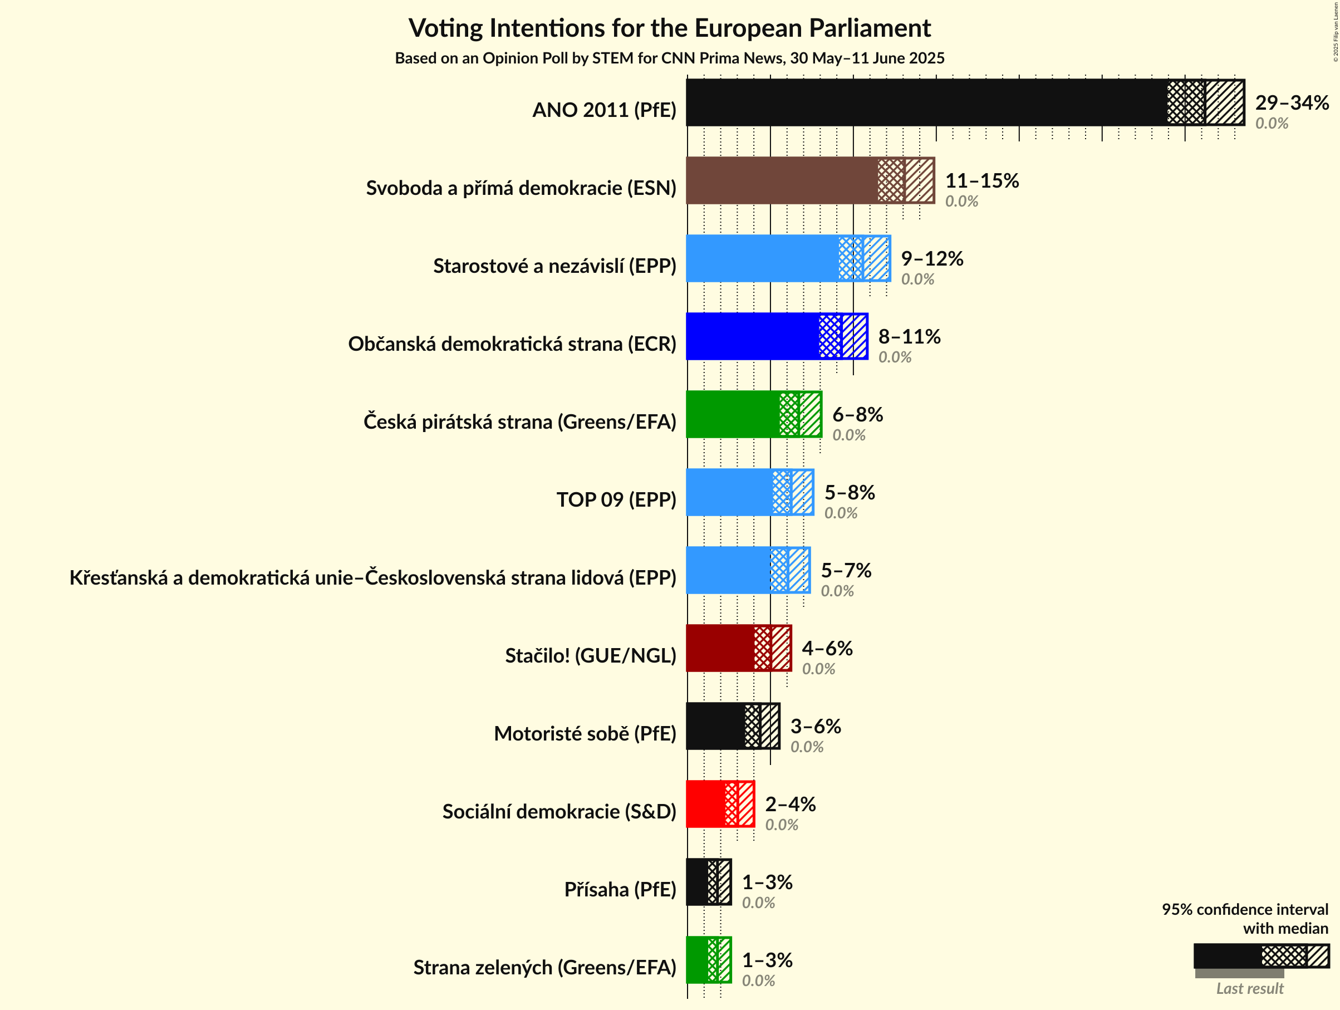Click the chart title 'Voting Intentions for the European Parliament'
[669, 28]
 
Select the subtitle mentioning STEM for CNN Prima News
[669, 58]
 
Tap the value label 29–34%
[1292, 102]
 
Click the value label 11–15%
[982, 180]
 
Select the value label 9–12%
[932, 259]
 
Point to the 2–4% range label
[790, 804]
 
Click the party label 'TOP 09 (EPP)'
[616, 500]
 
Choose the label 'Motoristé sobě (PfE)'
[585, 734]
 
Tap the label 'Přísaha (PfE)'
[620, 889]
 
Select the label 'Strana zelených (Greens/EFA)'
[544, 968]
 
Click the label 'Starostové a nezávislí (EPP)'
[554, 266]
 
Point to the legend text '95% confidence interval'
[1244, 909]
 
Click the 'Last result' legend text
[1249, 989]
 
